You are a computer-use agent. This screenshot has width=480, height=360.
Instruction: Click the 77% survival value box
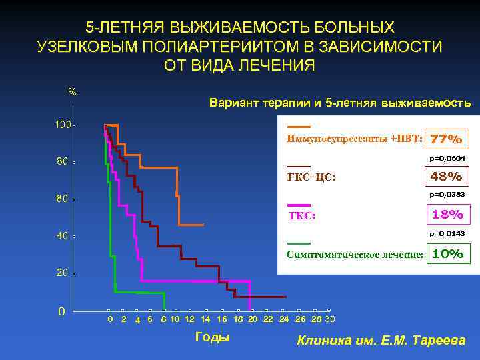click(446, 140)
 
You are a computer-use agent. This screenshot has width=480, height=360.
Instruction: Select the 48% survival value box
click(446, 177)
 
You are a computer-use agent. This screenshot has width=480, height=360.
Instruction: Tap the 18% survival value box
click(446, 215)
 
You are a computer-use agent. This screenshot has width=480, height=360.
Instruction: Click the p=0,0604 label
click(447, 158)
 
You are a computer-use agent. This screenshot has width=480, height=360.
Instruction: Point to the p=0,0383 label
click(447, 195)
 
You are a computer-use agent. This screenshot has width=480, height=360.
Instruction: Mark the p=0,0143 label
click(447, 233)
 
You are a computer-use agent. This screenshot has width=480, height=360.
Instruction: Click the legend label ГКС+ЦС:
click(311, 178)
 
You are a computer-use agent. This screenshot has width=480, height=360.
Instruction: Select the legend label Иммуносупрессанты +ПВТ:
click(353, 139)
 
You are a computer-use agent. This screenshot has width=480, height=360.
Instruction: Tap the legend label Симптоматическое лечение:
click(355, 255)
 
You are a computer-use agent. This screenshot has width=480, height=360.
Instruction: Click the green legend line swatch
click(298, 243)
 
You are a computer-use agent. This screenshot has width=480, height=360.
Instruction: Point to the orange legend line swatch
click(298, 127)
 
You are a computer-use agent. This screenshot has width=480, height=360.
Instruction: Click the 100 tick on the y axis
click(63, 125)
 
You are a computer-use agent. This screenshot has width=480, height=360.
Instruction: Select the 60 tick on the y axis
click(63, 199)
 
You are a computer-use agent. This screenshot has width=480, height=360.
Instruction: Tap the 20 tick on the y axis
click(63, 274)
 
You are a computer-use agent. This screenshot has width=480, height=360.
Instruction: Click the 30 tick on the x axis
click(330, 319)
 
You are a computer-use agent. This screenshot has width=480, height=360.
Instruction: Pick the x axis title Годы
click(212, 337)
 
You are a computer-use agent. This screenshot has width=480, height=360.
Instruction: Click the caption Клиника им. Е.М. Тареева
click(381, 341)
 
